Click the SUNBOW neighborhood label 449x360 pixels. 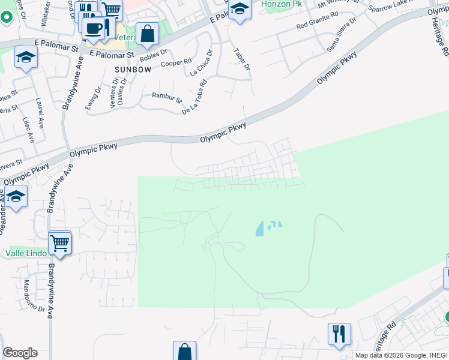(x=132, y=70)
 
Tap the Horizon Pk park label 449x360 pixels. (x=282, y=4)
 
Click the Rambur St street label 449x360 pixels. (x=166, y=96)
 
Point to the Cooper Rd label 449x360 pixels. (x=179, y=62)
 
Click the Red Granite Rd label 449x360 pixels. (x=318, y=25)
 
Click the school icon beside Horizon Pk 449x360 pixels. (x=239, y=9)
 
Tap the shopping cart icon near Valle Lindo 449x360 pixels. (x=60, y=243)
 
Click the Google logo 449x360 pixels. (x=20, y=353)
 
